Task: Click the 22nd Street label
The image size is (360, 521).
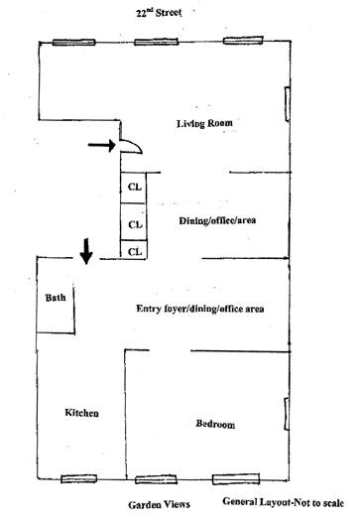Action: point(159,13)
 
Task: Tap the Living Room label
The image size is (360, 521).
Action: point(204,124)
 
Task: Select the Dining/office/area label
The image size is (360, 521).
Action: point(217,220)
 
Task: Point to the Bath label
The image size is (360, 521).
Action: point(56,298)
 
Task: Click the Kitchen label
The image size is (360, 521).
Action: point(81,413)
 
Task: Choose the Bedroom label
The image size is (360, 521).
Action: point(215,424)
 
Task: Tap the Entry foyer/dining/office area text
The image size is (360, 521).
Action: point(200,309)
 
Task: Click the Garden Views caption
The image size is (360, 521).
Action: point(159,505)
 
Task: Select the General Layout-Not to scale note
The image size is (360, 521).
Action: point(284,502)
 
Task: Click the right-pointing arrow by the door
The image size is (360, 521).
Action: point(101,145)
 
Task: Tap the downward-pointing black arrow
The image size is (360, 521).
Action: point(86,251)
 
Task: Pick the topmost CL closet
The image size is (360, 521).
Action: point(134,188)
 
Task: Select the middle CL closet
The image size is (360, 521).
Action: point(134,221)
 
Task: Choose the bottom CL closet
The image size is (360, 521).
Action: point(134,249)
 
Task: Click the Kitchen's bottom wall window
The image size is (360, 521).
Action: point(79,478)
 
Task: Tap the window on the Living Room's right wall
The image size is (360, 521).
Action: point(287,104)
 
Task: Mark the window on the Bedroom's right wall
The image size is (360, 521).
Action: point(287,414)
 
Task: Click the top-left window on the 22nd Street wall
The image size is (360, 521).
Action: point(74,43)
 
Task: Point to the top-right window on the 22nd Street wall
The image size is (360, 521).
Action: point(243,41)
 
